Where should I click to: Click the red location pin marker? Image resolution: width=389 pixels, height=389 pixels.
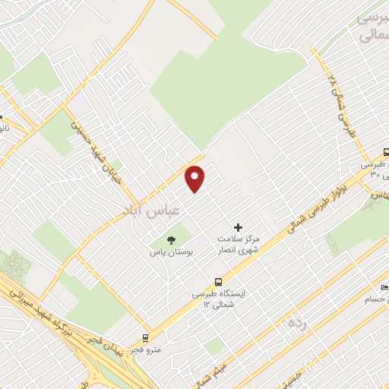point(195,178)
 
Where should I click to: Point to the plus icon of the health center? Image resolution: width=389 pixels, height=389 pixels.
point(238,227)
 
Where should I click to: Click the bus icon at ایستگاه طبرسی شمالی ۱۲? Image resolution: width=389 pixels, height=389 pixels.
point(219,280)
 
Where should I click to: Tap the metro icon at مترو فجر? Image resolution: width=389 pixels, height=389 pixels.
point(145,337)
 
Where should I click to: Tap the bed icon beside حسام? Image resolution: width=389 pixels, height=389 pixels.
point(384,287)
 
